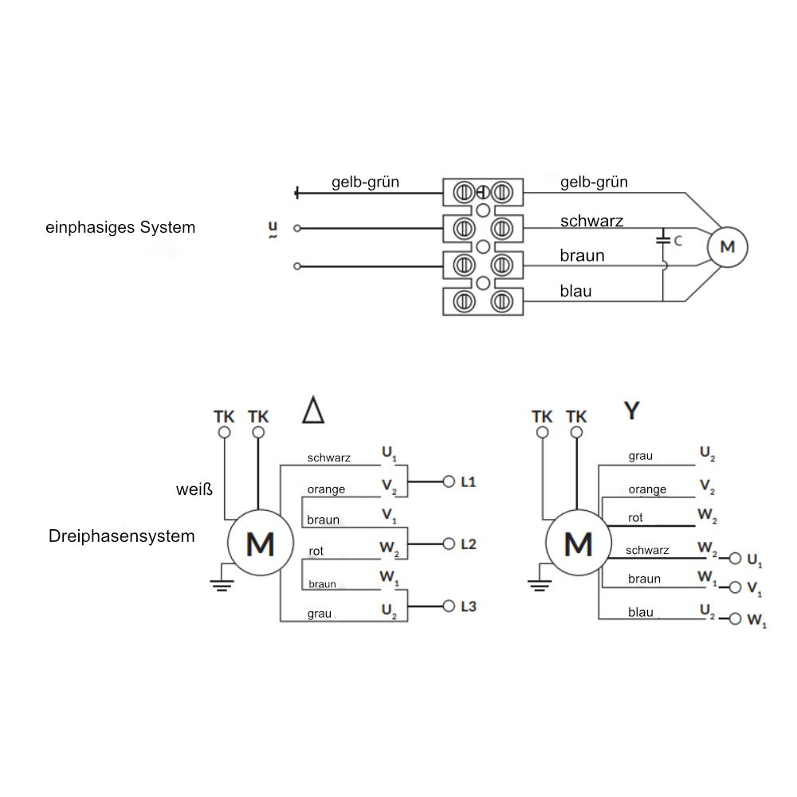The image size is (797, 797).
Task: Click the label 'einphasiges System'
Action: pyautogui.click(x=120, y=227)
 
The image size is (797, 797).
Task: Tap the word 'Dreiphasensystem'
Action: pyautogui.click(x=121, y=536)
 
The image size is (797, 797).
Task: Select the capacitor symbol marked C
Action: pyautogui.click(x=663, y=238)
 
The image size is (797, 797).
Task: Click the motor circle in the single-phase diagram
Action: pyautogui.click(x=727, y=246)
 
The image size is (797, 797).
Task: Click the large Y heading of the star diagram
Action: pyautogui.click(x=631, y=410)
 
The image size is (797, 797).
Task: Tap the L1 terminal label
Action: pyautogui.click(x=469, y=482)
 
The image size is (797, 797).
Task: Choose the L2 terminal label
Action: pyautogui.click(x=469, y=544)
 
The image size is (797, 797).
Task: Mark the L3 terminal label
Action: pyautogui.click(x=469, y=607)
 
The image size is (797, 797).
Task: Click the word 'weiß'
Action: pyautogui.click(x=194, y=488)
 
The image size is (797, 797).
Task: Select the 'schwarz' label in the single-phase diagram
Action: pyautogui.click(x=591, y=221)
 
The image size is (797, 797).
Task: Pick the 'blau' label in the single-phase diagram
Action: pyautogui.click(x=575, y=292)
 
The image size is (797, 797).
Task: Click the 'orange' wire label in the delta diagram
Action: pyautogui.click(x=326, y=489)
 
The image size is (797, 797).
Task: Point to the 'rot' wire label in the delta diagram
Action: pyautogui.click(x=316, y=551)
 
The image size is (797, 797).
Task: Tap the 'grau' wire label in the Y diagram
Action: pyautogui.click(x=640, y=456)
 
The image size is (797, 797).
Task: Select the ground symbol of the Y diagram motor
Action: pyautogui.click(x=539, y=586)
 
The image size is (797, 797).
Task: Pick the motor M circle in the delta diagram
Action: pyautogui.click(x=260, y=545)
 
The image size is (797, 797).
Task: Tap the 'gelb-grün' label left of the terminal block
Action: pyautogui.click(x=365, y=183)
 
